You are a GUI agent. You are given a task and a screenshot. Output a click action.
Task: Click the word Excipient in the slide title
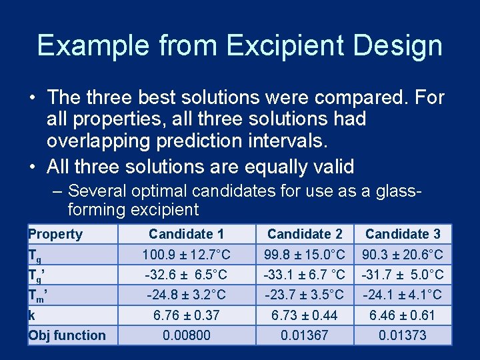289,45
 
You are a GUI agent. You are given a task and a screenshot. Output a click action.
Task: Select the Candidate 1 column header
187,234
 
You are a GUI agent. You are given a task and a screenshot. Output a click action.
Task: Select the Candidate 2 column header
305,234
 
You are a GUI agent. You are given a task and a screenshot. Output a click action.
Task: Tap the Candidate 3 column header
403,234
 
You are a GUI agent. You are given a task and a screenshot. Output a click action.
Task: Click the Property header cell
55,234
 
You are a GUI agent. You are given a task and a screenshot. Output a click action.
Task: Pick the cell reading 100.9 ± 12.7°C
187,254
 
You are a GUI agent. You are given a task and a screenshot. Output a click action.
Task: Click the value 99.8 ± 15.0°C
305,254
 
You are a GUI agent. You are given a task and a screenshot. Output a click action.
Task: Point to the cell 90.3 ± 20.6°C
403,254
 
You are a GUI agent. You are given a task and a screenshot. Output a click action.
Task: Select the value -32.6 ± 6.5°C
187,275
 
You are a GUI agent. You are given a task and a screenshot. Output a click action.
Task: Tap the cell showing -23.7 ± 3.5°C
305,295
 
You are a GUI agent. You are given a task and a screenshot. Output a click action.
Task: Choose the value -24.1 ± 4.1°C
403,295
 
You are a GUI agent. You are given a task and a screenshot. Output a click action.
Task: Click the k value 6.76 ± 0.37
187,315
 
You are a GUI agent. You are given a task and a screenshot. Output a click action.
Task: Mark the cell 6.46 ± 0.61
403,315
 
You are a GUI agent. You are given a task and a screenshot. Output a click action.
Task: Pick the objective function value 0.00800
187,335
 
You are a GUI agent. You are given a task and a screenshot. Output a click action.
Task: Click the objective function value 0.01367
305,335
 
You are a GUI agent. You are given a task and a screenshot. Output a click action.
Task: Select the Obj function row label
67,335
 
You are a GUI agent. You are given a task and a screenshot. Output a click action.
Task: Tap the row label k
31,315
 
